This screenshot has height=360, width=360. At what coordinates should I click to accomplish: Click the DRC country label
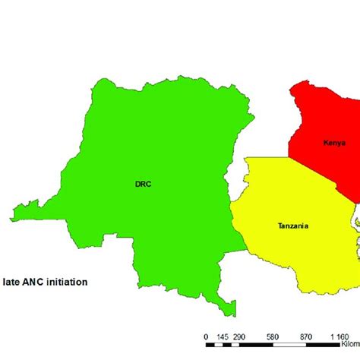144,184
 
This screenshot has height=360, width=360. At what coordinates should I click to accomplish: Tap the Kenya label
334,143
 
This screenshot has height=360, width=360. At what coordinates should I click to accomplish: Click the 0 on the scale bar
207,336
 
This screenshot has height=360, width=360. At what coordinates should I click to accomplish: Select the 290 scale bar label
239,336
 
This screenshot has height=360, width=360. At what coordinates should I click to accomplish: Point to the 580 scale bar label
273,336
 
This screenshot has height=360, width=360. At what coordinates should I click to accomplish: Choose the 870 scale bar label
306,336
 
